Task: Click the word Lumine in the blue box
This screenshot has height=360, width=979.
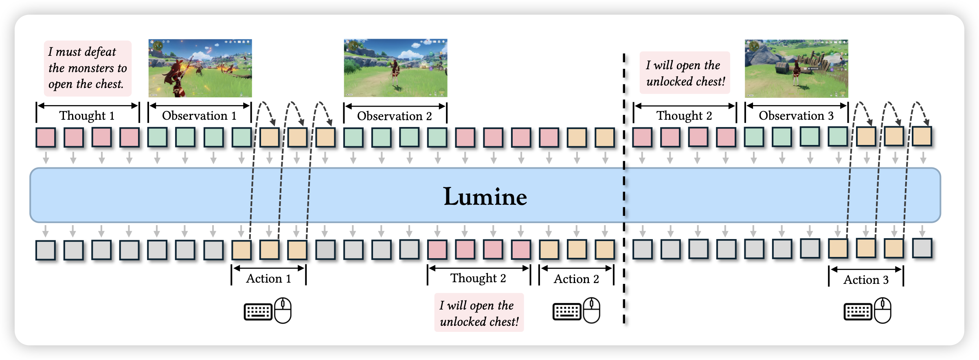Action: click(x=485, y=197)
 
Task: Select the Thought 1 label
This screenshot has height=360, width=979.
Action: click(x=87, y=116)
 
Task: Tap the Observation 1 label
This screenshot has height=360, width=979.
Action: click(x=199, y=116)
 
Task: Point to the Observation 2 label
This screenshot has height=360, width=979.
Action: click(x=394, y=116)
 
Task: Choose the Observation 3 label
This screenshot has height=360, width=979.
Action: click(x=796, y=116)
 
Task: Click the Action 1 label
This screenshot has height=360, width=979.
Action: click(x=268, y=279)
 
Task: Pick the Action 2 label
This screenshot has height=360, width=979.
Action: click(x=576, y=279)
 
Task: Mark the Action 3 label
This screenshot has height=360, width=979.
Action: click(x=866, y=280)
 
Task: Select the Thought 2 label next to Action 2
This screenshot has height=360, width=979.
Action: click(x=478, y=278)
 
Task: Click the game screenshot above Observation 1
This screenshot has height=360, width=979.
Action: click(x=200, y=68)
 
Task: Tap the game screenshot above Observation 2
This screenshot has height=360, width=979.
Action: click(x=395, y=68)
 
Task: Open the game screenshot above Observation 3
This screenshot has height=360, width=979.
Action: click(x=796, y=68)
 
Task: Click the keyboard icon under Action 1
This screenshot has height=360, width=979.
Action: click(x=258, y=312)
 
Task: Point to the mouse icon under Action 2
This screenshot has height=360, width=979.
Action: click(x=592, y=310)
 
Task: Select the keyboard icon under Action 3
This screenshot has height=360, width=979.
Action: click(x=858, y=312)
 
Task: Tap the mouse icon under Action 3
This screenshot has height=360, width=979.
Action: click(x=883, y=310)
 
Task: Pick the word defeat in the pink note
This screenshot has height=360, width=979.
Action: click(x=101, y=52)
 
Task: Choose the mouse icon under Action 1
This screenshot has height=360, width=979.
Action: click(x=283, y=310)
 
